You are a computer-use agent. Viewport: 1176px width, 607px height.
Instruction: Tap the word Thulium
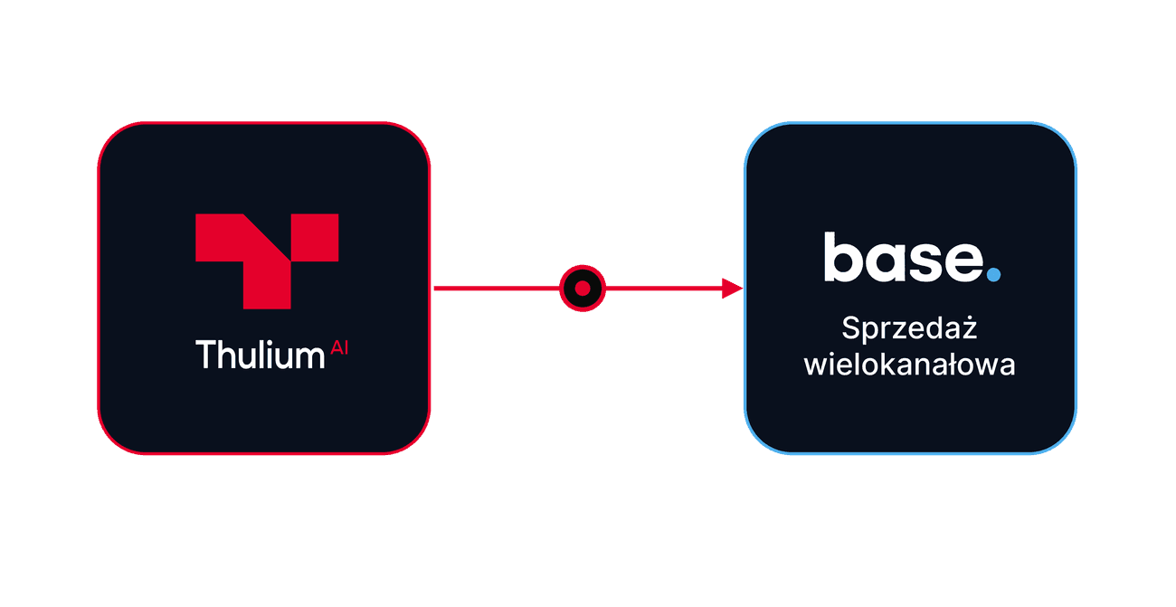(261, 355)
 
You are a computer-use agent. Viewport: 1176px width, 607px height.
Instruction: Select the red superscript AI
(339, 347)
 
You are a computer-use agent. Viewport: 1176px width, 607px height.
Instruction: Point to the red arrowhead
(733, 289)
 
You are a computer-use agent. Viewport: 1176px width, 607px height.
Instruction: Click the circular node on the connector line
(583, 289)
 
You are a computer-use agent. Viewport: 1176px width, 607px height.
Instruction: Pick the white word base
(904, 257)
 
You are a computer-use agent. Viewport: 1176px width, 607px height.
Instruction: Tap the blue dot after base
(993, 275)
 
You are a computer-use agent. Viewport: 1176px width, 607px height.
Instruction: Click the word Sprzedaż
(909, 328)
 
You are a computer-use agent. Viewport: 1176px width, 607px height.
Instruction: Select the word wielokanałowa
(909, 365)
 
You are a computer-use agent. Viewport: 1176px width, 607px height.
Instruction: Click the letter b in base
(843, 257)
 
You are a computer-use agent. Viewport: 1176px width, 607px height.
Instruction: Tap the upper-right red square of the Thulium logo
(315, 237)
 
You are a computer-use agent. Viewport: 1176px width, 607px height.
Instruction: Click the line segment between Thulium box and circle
(497, 289)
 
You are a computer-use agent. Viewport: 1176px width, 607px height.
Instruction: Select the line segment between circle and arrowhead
(664, 289)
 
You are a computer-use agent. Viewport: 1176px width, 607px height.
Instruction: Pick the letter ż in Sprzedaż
(968, 327)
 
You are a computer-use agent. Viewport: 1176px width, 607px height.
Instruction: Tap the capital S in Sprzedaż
(851, 328)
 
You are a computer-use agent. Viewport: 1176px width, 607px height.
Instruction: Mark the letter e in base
(963, 261)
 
